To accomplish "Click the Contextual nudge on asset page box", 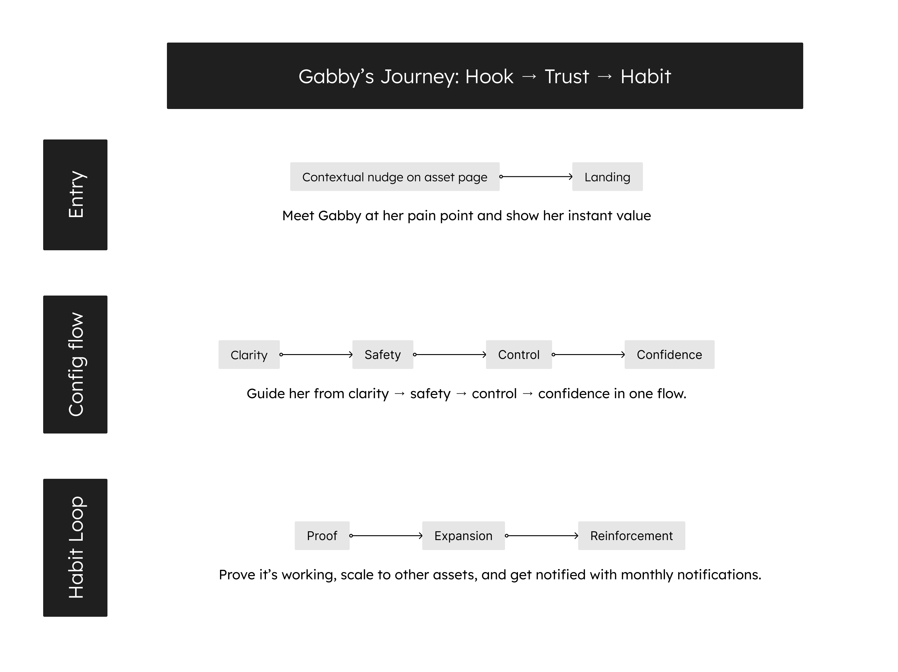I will pyautogui.click(x=395, y=177).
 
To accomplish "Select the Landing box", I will pyautogui.click(x=607, y=177).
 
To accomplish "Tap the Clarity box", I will pyautogui.click(x=249, y=354).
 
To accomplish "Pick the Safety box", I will pyautogui.click(x=382, y=354).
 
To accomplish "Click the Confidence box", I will pyautogui.click(x=669, y=354).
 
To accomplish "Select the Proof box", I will pyautogui.click(x=322, y=536).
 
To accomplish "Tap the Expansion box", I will pyautogui.click(x=463, y=536).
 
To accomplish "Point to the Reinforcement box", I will pyautogui.click(x=631, y=536).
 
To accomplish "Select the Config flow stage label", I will pyautogui.click(x=75, y=364).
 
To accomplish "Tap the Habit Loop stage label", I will pyautogui.click(x=75, y=547).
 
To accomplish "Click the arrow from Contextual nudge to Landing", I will pyautogui.click(x=536, y=177).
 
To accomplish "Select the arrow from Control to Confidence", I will pyautogui.click(x=588, y=354).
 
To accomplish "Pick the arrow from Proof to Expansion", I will pyautogui.click(x=386, y=536).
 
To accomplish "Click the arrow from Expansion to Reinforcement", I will pyautogui.click(x=542, y=536).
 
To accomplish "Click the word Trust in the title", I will pyautogui.click(x=566, y=76).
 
